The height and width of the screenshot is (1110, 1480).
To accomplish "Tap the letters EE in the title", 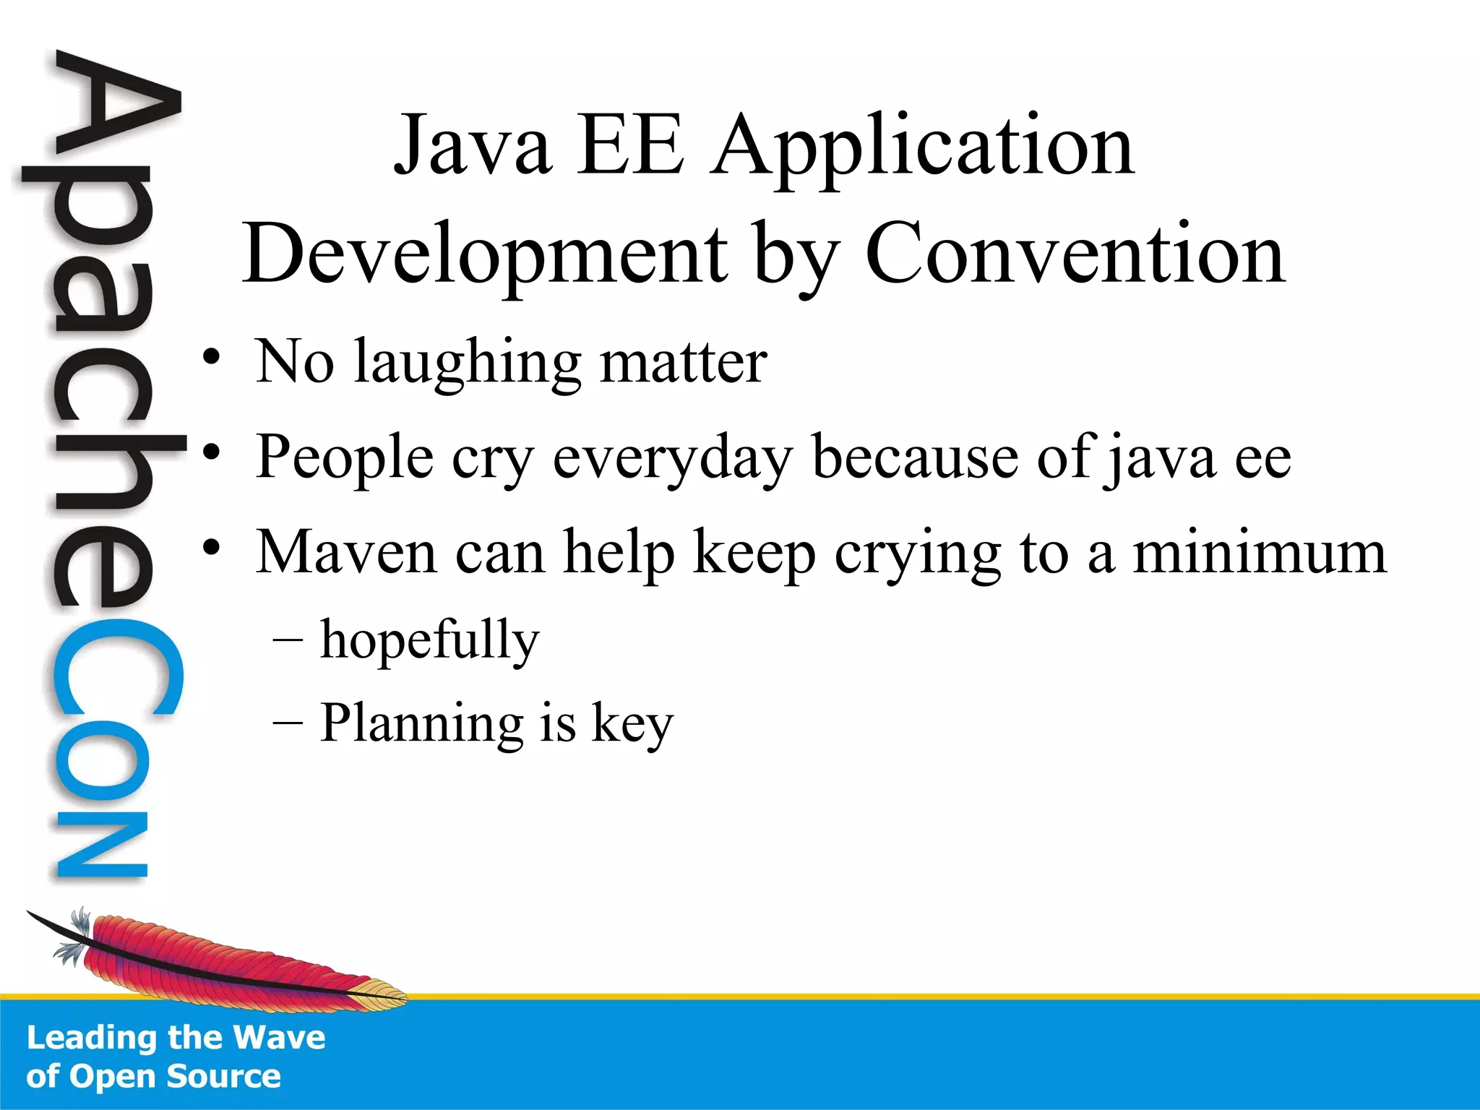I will coord(629,147).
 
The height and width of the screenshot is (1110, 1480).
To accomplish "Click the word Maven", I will coord(347,553).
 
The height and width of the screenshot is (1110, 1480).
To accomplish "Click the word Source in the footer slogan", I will coord(223,1076).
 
